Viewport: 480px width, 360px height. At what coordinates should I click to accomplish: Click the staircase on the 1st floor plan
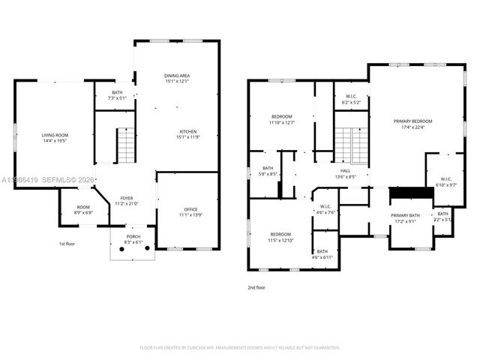pyautogui.click(x=127, y=145)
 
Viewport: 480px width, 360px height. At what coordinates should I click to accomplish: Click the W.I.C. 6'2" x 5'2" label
pyautogui.click(x=351, y=99)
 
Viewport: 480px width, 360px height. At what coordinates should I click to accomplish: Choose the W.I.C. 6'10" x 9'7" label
pyautogui.click(x=445, y=181)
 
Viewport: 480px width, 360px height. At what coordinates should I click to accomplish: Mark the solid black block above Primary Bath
pyautogui.click(x=412, y=193)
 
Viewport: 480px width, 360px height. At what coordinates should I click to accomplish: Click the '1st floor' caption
pyautogui.click(x=67, y=244)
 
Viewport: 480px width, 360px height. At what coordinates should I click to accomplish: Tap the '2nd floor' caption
pyautogui.click(x=256, y=286)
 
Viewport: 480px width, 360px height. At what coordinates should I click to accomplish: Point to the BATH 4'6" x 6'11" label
pyautogui.click(x=322, y=254)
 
